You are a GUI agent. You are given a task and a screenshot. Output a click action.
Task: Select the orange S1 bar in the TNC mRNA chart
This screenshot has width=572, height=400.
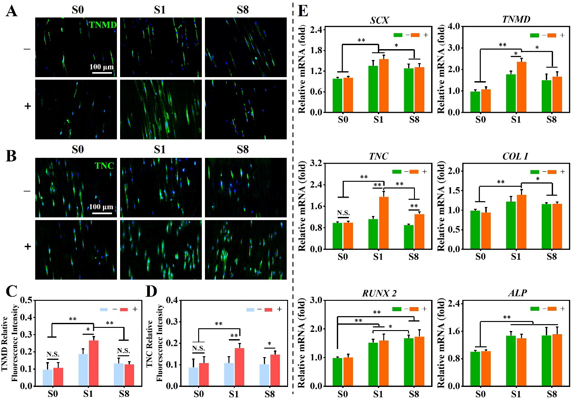(x=384, y=223)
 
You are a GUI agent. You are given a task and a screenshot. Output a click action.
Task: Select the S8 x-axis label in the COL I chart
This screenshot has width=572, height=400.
(x=551, y=256)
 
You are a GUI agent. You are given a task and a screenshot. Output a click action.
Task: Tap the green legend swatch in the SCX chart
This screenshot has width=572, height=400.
(x=398, y=34)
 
